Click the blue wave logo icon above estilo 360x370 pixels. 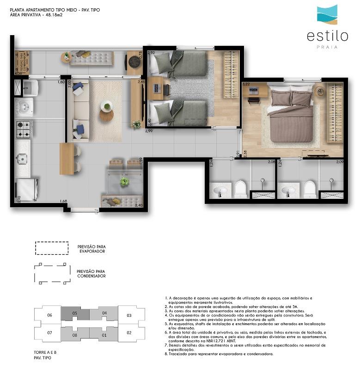[x=327, y=14]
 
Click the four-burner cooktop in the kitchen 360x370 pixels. [x=23, y=129]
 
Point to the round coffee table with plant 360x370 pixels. [x=106, y=111]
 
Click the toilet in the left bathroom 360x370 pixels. [x=240, y=189]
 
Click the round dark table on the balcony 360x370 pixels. [x=134, y=62]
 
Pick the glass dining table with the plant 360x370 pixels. [x=124, y=181]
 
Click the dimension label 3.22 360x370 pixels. [x=246, y=85]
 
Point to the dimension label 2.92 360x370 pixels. [x=151, y=53]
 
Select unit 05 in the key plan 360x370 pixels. [x=74, y=313]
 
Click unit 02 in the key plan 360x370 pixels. [x=129, y=333]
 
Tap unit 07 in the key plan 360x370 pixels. [x=49, y=333]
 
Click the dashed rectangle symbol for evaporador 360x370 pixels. [x=52, y=248]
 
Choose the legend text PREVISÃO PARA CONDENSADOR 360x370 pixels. [x=92, y=273]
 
